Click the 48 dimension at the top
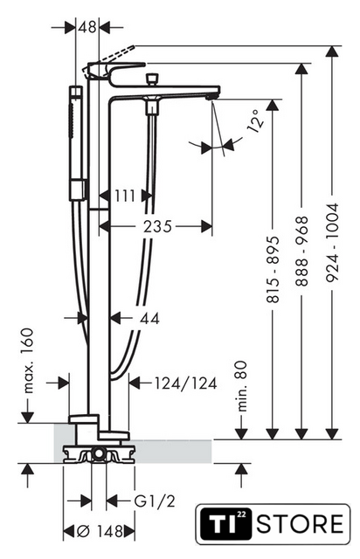coord(87,27)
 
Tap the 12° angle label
coord(256,121)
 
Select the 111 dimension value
coord(125,196)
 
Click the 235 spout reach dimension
coord(157,226)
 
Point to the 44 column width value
coord(149,318)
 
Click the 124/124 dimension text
coord(185,383)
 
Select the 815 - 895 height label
coord(273,270)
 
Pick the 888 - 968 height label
coord(301,251)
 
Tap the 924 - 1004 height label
coord(332,243)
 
